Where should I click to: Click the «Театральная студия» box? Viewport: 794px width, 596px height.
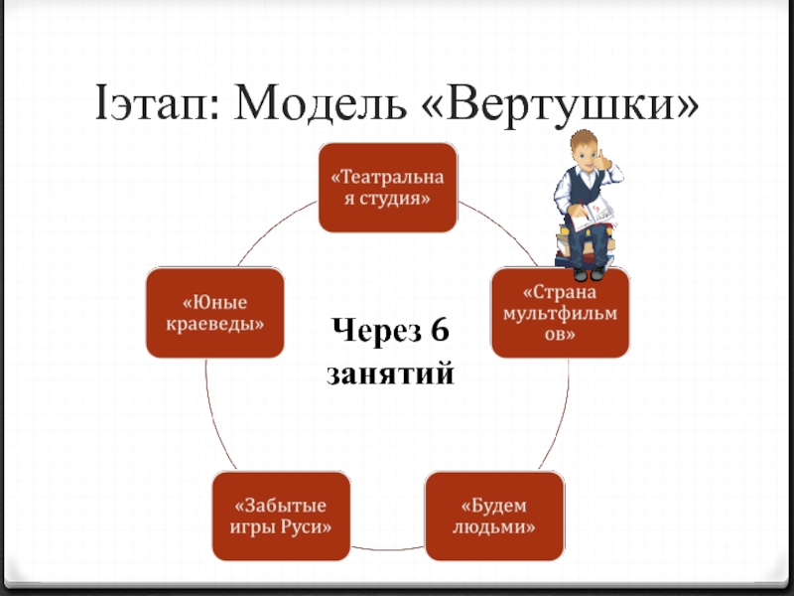pyautogui.click(x=387, y=188)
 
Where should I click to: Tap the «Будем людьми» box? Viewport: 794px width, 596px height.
pyautogui.click(x=493, y=515)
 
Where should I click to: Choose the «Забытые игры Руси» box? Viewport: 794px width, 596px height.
pyautogui.click(x=282, y=515)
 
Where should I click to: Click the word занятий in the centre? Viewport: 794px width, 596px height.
pyautogui.click(x=390, y=373)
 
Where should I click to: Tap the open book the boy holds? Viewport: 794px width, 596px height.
pyautogui.click(x=597, y=213)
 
